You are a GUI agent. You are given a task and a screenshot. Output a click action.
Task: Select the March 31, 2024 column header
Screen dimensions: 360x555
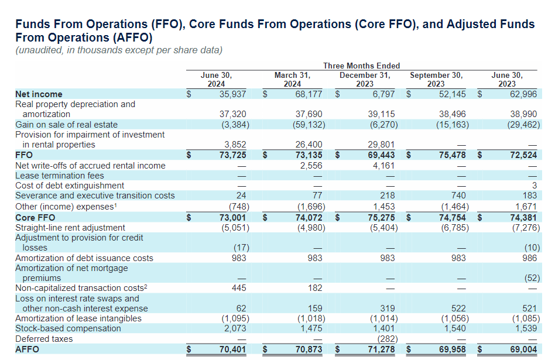pos(292,80)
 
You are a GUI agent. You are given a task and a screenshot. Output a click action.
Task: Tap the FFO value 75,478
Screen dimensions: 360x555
pos(452,155)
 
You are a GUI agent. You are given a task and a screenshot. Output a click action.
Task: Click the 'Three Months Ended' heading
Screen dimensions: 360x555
pos(361,66)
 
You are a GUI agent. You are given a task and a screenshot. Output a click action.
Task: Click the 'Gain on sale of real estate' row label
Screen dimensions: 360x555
pos(66,125)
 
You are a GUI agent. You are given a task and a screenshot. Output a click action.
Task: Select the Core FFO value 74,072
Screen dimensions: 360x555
pos(308,217)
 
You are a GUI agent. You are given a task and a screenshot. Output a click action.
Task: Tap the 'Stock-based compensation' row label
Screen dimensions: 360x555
pos(68,328)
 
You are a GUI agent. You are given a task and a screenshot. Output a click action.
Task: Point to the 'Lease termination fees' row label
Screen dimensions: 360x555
pos(59,176)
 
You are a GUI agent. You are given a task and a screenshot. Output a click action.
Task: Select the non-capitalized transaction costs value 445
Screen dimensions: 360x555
pos(239,288)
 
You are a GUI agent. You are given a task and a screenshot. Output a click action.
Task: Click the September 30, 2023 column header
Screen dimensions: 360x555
pos(436,80)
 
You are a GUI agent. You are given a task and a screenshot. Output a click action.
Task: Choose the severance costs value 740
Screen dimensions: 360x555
pos(458,196)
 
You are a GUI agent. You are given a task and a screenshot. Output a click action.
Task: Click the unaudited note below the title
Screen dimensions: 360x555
pos(118,50)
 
